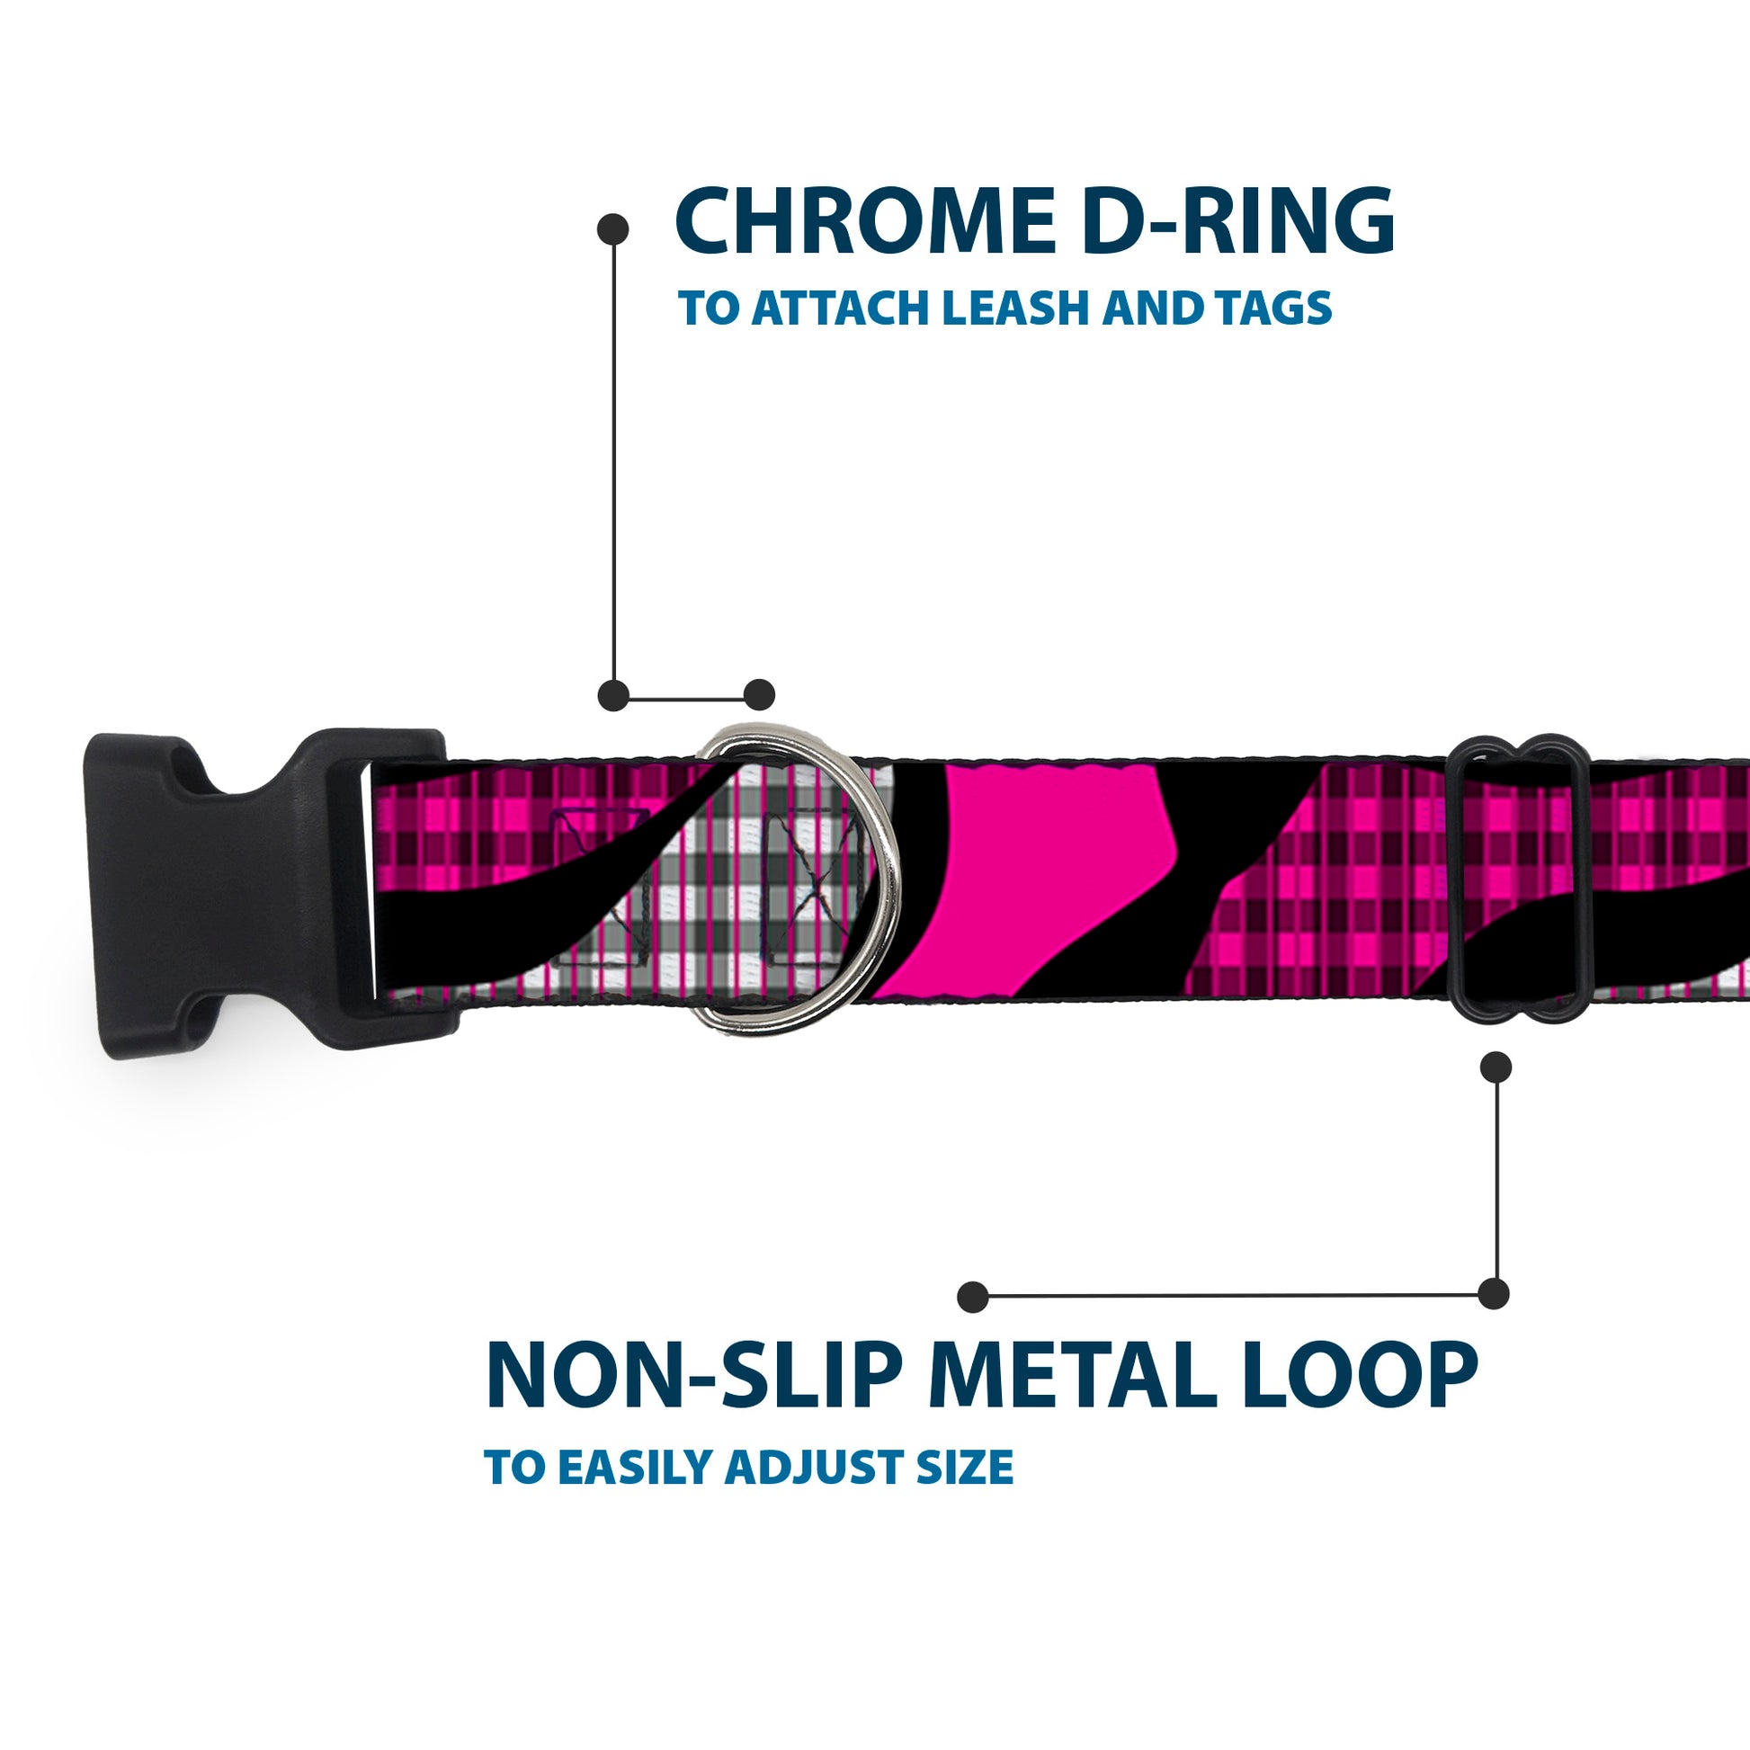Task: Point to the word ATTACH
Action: (x=843, y=308)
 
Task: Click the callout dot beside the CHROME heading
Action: (x=613, y=229)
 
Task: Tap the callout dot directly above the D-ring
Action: (x=759, y=696)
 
